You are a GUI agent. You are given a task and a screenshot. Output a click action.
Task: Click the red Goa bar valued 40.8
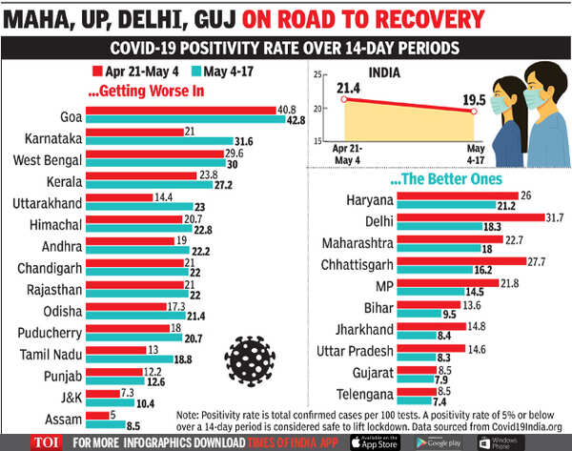180,111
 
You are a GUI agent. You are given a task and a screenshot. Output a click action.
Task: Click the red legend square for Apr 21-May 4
98,70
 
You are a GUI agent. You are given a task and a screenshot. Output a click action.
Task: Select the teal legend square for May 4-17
196,70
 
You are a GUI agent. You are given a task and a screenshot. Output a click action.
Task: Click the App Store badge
375,441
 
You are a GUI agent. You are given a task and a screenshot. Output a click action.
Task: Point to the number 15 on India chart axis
312,141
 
